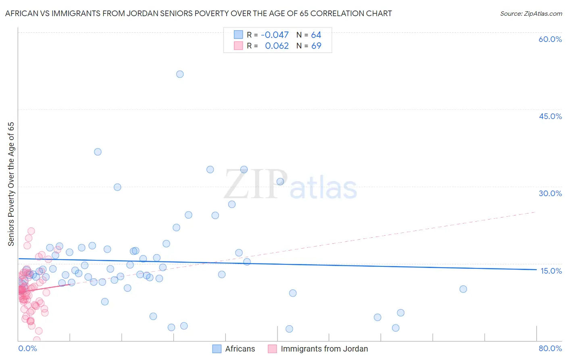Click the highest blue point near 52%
[x=180, y=74]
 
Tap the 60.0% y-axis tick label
[x=550, y=39]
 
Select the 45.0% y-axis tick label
[x=550, y=116]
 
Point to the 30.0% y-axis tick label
[x=550, y=193]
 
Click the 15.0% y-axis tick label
[x=551, y=271]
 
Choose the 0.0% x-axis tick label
[x=27, y=348]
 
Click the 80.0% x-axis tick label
[x=550, y=348]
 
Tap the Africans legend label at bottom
[x=240, y=349]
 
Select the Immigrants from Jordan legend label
[x=324, y=349]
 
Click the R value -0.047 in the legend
[x=275, y=35]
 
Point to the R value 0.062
[x=277, y=46]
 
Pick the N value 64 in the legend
[x=316, y=35]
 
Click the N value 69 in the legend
[x=316, y=46]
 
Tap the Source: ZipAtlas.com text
[x=531, y=14]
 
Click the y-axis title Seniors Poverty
[x=11, y=184]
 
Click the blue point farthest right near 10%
[x=463, y=289]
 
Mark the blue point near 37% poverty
[x=98, y=152]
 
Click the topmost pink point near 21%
[x=31, y=231]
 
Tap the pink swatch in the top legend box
[x=239, y=46]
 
